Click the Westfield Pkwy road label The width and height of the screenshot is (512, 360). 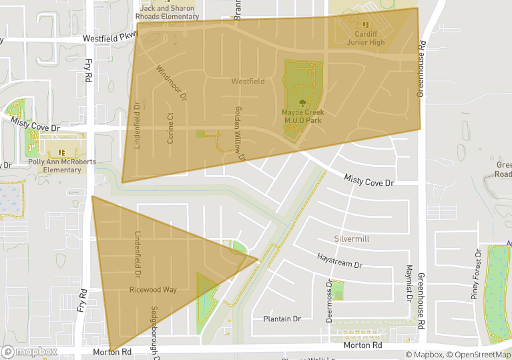[x=109, y=39]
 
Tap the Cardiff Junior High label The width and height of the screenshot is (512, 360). [x=366, y=38]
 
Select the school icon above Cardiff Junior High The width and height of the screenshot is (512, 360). [x=366, y=25]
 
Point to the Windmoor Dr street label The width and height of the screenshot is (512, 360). [x=170, y=83]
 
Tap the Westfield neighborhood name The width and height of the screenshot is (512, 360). [x=248, y=81]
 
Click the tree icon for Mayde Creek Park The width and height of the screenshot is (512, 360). [x=302, y=103]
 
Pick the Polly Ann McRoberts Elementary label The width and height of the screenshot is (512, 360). [x=62, y=166]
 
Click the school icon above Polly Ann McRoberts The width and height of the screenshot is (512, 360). [x=62, y=152]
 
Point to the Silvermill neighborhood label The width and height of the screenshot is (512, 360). [x=351, y=238]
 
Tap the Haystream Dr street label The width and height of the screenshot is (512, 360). [x=339, y=260]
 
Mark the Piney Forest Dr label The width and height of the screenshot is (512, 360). [x=477, y=273]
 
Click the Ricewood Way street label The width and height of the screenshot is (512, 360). [x=153, y=290]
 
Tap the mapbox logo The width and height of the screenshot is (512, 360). [x=29, y=351]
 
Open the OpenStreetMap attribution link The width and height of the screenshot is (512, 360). [x=477, y=354]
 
